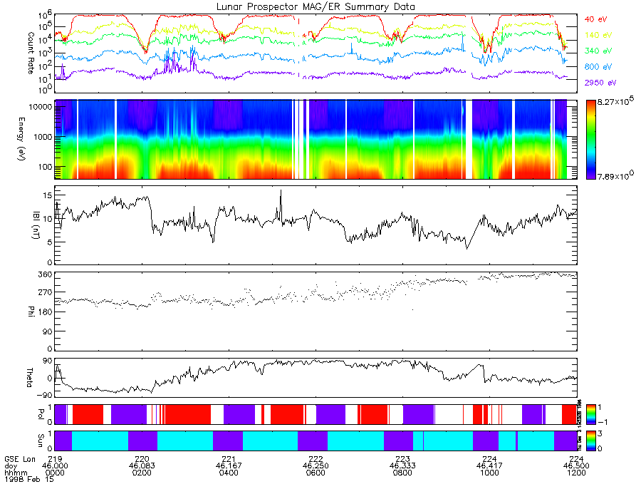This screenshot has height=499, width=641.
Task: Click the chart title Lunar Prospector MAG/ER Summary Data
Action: (316, 6)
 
